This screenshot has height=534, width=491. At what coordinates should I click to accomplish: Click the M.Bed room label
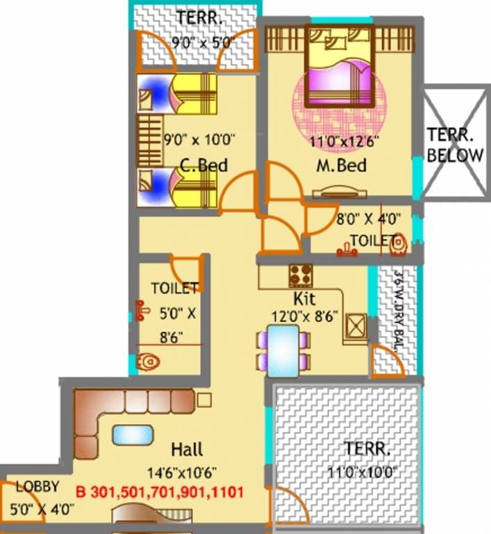coord(341,167)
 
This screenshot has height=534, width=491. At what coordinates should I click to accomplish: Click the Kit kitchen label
coord(304,299)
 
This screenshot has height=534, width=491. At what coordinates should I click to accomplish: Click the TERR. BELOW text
coord(454,145)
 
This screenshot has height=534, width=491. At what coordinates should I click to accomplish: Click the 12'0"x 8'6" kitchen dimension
coord(305,316)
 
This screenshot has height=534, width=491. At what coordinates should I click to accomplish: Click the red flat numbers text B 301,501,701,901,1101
coord(159,494)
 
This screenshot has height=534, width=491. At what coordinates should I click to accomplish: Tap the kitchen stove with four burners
coord(301,276)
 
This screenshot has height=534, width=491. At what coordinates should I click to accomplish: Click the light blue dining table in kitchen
coord(283,350)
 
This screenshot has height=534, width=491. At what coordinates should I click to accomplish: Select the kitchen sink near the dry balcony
coord(356,326)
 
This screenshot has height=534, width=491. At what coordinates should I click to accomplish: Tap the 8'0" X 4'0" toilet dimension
coord(369,219)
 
